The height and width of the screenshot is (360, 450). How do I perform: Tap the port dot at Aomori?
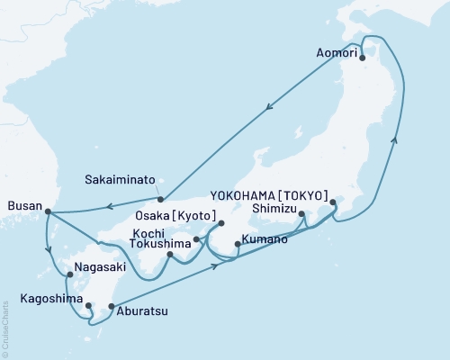pos(362,58)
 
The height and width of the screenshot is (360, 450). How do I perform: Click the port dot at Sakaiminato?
pos(160,199)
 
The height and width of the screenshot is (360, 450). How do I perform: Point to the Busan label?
pos(22,206)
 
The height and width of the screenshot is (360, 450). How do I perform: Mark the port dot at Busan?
pos(47,212)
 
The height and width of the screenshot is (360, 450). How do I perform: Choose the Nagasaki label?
pos(99,267)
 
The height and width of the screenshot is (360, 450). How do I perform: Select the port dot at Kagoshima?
pos(88,305)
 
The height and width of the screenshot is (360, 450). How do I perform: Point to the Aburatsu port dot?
pos(111,307)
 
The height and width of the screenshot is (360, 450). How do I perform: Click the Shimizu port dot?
pos(301,213)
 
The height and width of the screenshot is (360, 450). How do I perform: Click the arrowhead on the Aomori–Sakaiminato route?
pos(269,109)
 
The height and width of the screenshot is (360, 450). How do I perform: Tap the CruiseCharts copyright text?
pos(5,328)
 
